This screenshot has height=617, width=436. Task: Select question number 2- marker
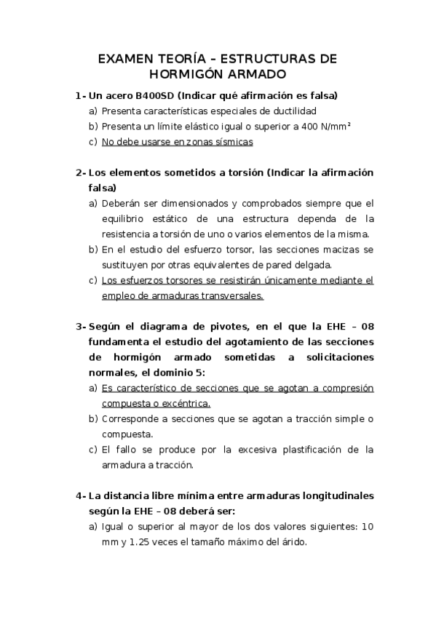[x=80, y=172]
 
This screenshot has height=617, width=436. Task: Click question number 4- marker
[x=80, y=495]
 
